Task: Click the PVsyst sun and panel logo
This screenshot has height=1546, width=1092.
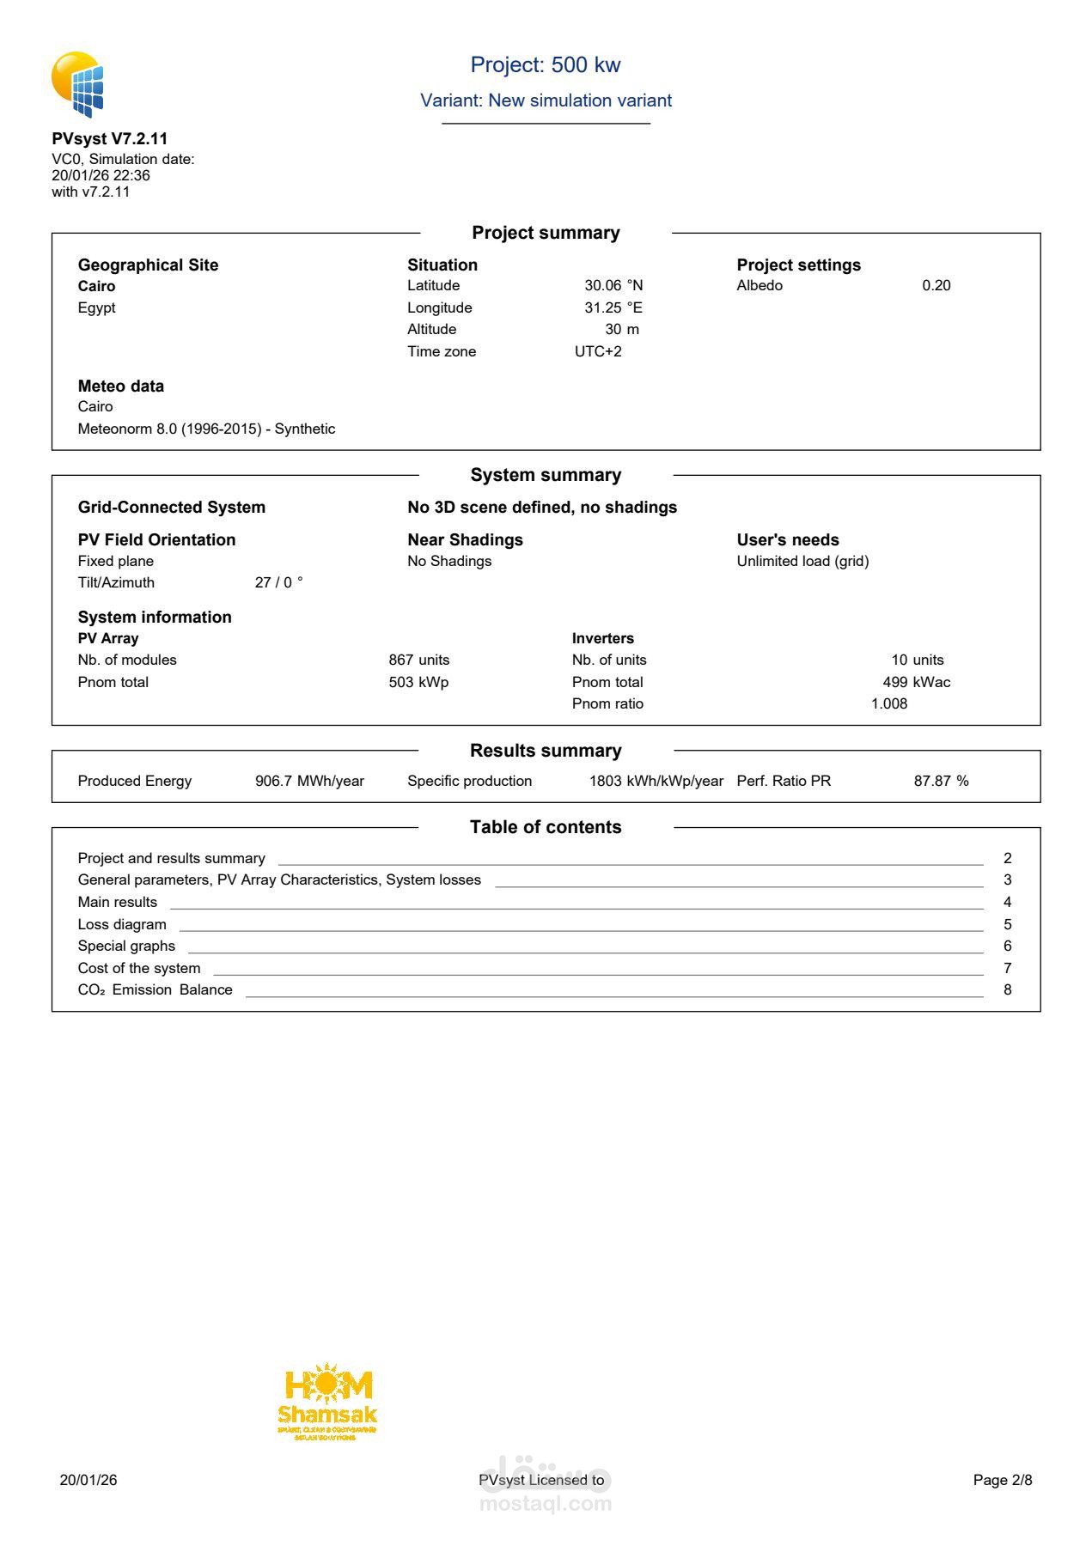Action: tap(77, 84)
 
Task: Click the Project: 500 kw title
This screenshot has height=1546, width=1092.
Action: tap(545, 65)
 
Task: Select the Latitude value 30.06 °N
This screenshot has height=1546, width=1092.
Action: tap(613, 286)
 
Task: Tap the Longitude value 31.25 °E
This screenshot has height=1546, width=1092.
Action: tap(613, 307)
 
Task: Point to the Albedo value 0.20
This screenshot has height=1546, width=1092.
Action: tap(936, 286)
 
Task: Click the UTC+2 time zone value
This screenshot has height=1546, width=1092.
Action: tap(598, 351)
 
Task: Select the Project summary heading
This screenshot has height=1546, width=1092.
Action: tap(546, 233)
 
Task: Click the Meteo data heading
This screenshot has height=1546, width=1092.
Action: tap(121, 386)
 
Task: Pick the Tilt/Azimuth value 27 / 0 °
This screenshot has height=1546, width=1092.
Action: tap(278, 582)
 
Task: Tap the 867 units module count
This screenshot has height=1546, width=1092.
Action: tap(418, 660)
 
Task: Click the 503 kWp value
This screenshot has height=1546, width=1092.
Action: tap(418, 682)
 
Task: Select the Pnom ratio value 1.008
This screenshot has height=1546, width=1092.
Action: tap(888, 703)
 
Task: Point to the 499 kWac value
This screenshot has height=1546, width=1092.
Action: tap(916, 682)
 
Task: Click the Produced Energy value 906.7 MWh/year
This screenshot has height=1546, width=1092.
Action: tap(309, 781)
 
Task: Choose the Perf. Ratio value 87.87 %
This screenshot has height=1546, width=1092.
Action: tap(941, 781)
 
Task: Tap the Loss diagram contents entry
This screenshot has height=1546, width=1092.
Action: tap(122, 924)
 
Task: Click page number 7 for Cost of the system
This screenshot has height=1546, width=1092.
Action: tap(1007, 968)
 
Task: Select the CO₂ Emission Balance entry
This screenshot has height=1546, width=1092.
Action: tap(155, 989)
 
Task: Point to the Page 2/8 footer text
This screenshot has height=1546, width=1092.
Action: tap(1002, 1480)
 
